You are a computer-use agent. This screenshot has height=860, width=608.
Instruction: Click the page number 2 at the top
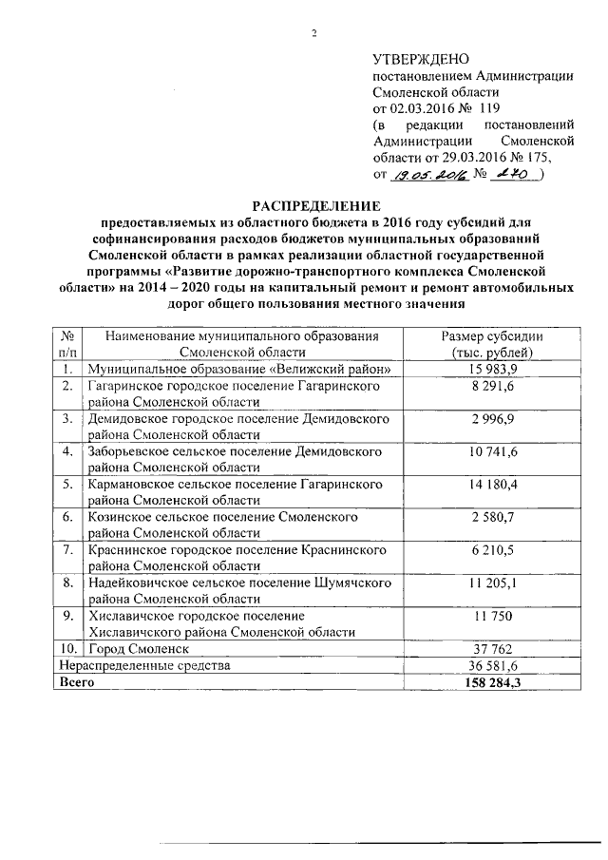pyautogui.click(x=313, y=35)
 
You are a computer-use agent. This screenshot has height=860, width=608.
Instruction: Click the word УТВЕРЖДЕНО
pyautogui.click(x=419, y=60)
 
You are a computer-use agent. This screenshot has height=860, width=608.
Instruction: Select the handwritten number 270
pyautogui.click(x=513, y=174)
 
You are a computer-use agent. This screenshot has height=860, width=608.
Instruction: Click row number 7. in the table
pyautogui.click(x=67, y=549)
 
